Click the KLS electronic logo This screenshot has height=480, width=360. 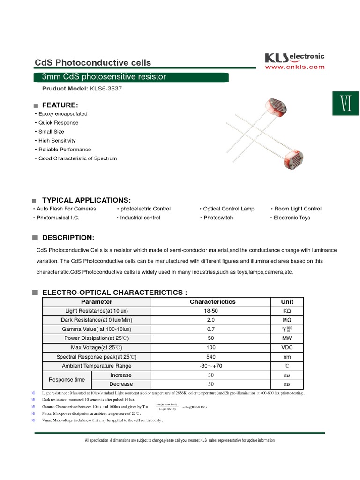pyautogui.click(x=294, y=58)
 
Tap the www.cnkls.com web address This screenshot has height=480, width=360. pyautogui.click(x=295, y=67)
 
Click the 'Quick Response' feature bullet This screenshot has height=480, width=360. pyautogui.click(x=58, y=123)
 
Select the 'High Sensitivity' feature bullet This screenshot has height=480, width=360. pyautogui.click(x=57, y=141)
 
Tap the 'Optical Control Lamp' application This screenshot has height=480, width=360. pyautogui.click(x=229, y=209)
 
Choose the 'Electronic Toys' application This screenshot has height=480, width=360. pyautogui.click(x=292, y=217)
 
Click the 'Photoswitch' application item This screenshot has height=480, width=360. pyautogui.click(x=218, y=217)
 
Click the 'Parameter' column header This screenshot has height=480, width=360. pyautogui.click(x=97, y=302)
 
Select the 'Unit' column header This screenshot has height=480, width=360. pyautogui.click(x=287, y=302)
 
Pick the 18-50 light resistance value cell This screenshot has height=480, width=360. pyautogui.click(x=211, y=311)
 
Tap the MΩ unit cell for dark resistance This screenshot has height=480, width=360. pyautogui.click(x=287, y=320)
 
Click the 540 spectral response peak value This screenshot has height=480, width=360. pyautogui.click(x=211, y=357)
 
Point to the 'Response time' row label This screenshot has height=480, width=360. pyautogui.click(x=67, y=380)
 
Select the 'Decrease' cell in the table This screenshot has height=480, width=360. pyautogui.click(x=121, y=384)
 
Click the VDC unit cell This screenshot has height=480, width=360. pyautogui.click(x=287, y=347)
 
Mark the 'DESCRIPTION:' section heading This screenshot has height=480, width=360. pyautogui.click(x=68, y=238)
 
